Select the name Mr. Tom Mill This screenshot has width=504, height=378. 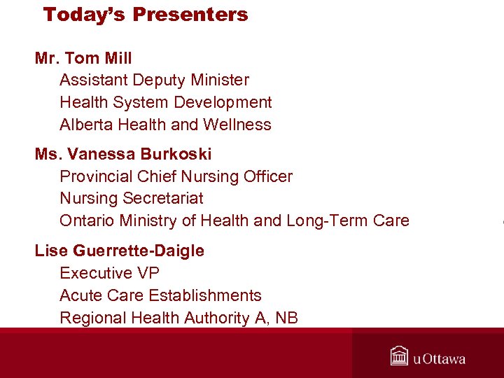tap(83, 58)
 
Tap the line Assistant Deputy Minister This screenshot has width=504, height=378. tap(154, 80)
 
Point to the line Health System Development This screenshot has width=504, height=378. tap(166, 103)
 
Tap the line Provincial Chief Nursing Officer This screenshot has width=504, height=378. tap(176, 176)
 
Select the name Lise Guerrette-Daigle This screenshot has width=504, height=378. tap(120, 251)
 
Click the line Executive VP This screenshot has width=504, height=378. tap(109, 273)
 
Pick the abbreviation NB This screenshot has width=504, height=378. tap(286, 318)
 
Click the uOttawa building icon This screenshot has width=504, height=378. tap(400, 356)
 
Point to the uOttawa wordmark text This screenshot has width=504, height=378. tap(439, 359)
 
